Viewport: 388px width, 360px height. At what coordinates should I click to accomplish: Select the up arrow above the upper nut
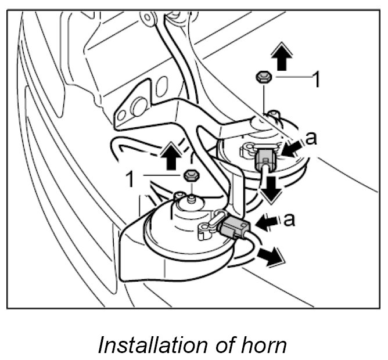tap(281, 58)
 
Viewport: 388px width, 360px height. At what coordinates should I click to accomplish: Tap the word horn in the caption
tap(265, 345)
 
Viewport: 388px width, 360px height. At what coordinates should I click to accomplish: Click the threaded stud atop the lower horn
tap(191, 199)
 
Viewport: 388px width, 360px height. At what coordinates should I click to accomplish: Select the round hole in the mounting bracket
tap(139, 107)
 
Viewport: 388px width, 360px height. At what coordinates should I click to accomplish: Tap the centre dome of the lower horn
tap(186, 216)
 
